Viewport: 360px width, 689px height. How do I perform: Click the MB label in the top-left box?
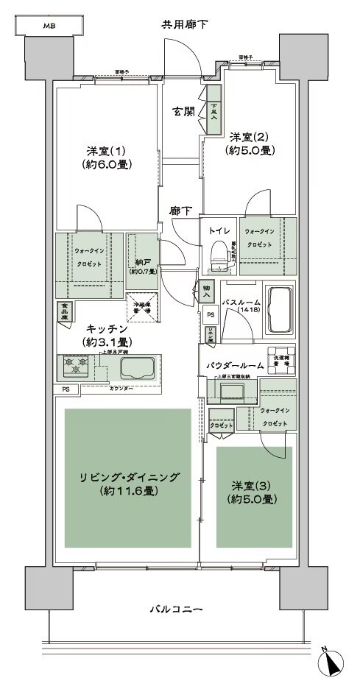point(49,26)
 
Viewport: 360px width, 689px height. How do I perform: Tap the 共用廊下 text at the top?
point(185,25)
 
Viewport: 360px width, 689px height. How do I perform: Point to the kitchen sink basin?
point(136,368)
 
